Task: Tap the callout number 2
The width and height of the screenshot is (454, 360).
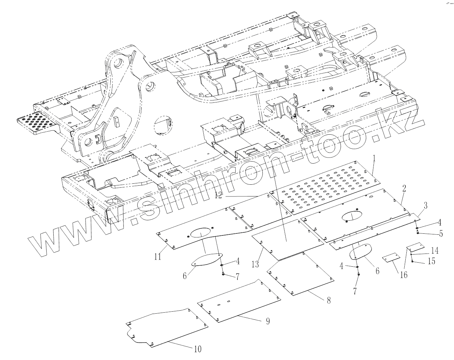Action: (404, 188)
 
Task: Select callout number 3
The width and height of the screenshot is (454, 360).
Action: (425, 206)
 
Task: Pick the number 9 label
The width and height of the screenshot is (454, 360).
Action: (268, 321)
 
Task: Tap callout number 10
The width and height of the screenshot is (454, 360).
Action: (198, 349)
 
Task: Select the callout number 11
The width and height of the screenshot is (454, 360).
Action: (158, 257)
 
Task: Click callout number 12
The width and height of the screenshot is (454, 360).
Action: (218, 195)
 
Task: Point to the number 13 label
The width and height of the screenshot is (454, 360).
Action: (255, 264)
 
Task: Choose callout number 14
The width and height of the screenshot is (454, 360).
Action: (435, 251)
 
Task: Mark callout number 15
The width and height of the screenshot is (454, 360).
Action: (431, 261)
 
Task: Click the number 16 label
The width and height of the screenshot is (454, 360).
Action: (404, 275)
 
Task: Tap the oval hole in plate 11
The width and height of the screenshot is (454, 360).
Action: (201, 233)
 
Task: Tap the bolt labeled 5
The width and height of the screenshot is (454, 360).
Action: (417, 233)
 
